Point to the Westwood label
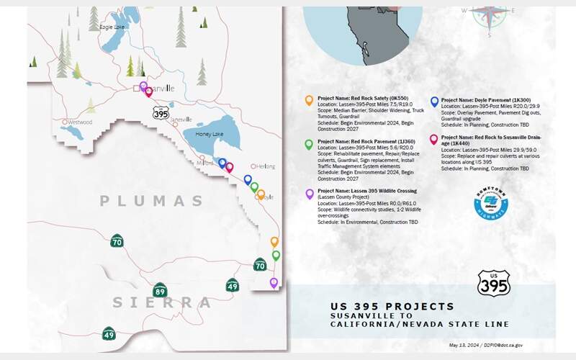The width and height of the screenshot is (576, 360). (x=78, y=122)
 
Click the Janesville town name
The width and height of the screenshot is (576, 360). (x=178, y=120)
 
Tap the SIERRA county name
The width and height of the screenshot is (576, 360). (x=161, y=302)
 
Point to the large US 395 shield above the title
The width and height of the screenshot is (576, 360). (x=495, y=282)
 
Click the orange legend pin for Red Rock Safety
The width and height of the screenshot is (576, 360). (x=309, y=100)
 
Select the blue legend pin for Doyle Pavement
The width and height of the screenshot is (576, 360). (x=434, y=102)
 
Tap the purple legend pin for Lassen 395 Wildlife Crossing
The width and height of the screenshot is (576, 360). (x=309, y=194)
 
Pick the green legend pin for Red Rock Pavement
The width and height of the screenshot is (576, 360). (x=309, y=144)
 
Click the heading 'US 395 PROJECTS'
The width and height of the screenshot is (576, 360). (x=392, y=306)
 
